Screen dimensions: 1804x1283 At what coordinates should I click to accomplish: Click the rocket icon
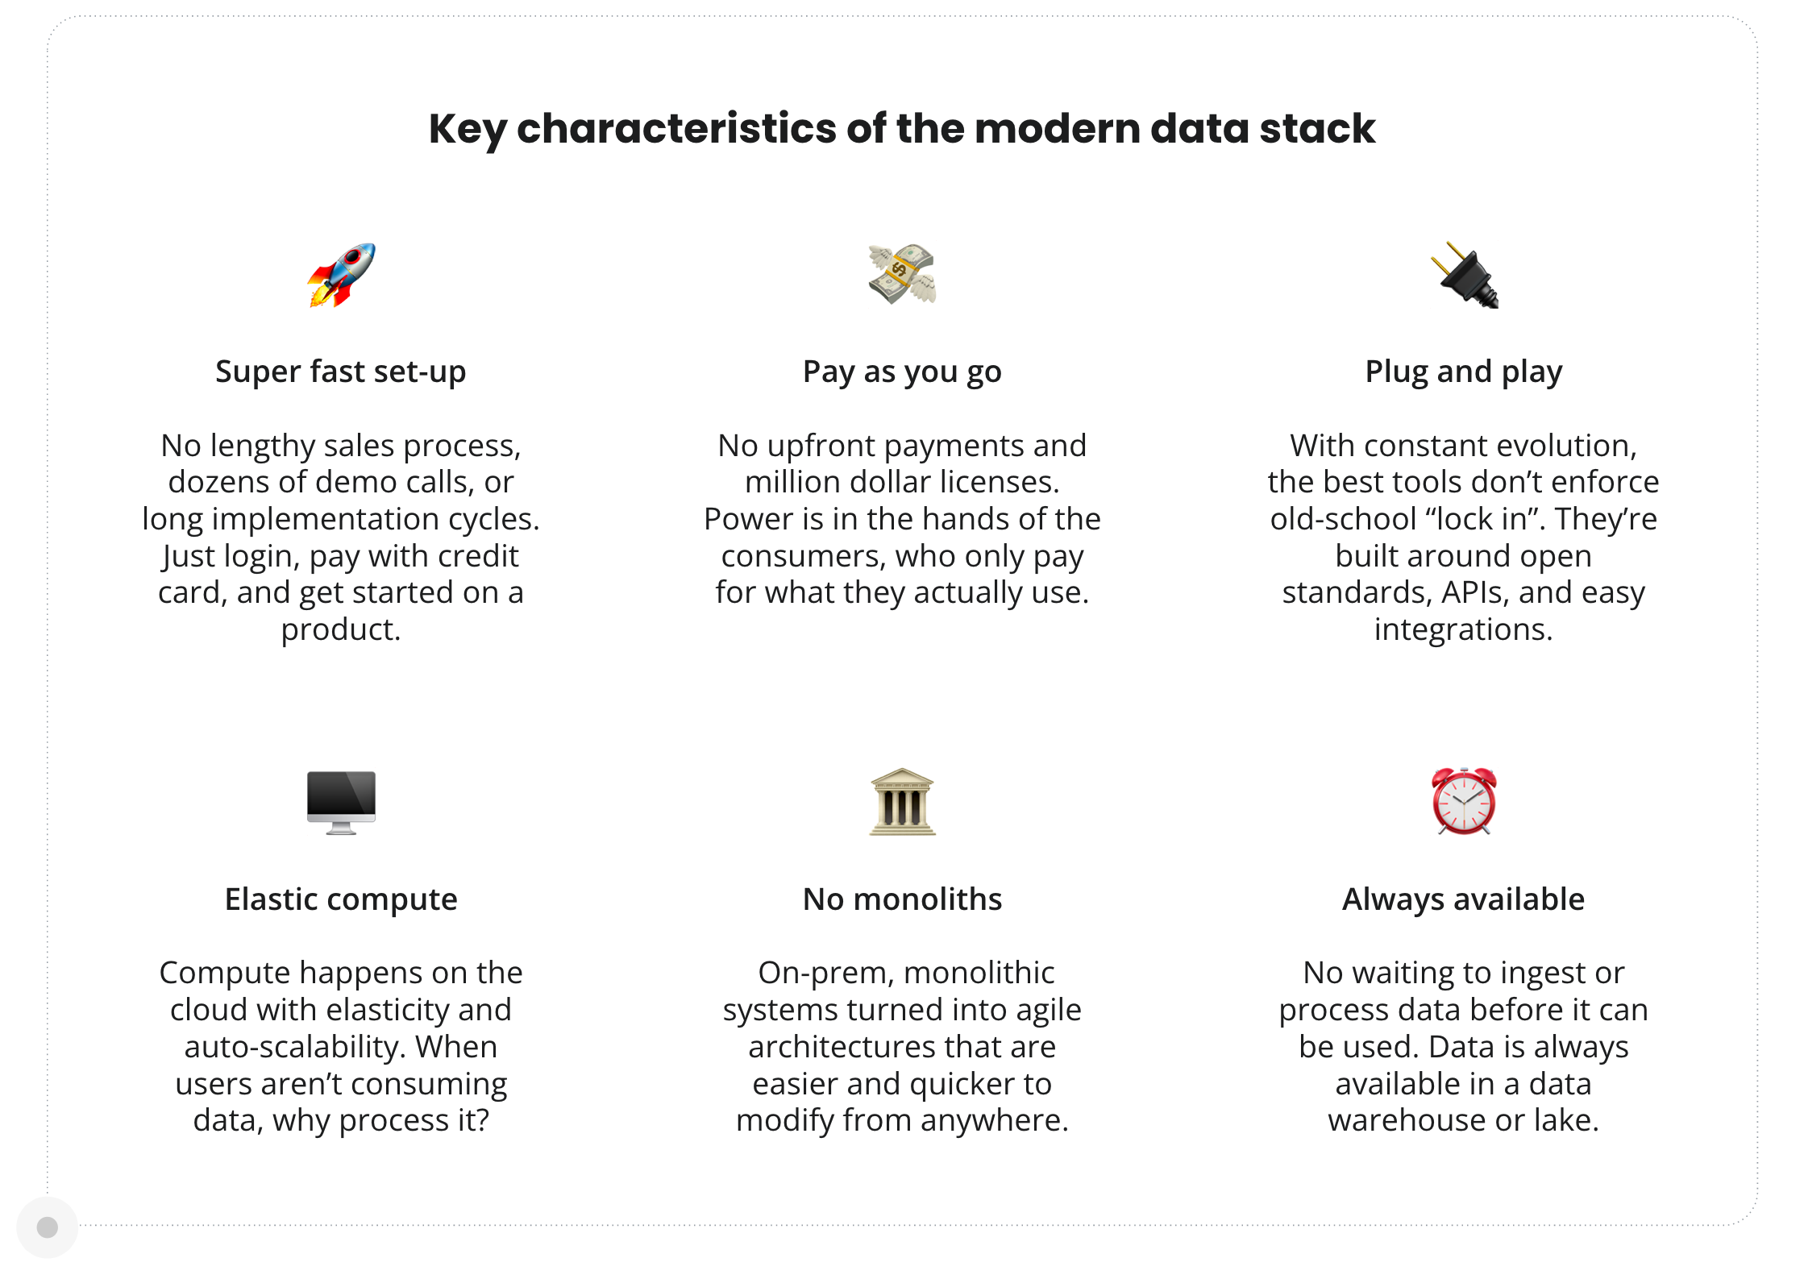[341, 275]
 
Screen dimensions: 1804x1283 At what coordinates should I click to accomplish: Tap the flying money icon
[902, 274]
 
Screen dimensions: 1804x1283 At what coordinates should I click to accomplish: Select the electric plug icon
[1464, 275]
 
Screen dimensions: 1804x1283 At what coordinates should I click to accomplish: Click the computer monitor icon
[341, 802]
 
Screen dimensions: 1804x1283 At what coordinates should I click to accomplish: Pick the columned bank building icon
[902, 802]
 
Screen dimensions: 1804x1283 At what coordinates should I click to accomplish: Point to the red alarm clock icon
[1464, 801]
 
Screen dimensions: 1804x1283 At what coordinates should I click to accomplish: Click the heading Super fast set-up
[341, 372]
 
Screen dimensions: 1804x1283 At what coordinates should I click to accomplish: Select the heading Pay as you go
[902, 372]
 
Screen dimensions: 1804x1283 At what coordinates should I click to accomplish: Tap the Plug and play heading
[1464, 372]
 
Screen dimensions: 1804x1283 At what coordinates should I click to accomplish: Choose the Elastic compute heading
[341, 899]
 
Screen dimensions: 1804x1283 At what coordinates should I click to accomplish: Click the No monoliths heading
[902, 899]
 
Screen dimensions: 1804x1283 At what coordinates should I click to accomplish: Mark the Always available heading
[1464, 899]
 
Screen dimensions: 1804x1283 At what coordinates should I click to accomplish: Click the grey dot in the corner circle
[48, 1227]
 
